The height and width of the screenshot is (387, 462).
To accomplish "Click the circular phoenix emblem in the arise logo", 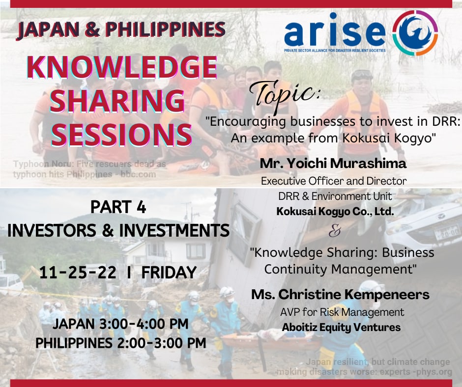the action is pyautogui.click(x=415, y=33).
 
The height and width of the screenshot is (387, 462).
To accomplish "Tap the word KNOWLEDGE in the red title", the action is pyautogui.click(x=122, y=67).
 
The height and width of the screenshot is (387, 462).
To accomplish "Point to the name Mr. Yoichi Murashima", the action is pyautogui.click(x=333, y=164).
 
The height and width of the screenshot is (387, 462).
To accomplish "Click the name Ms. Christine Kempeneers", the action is pyautogui.click(x=340, y=294).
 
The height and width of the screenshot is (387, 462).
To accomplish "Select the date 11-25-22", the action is pyautogui.click(x=78, y=273).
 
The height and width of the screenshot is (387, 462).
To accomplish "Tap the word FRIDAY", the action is pyautogui.click(x=169, y=273).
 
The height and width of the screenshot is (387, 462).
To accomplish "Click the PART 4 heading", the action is pyautogui.click(x=118, y=207).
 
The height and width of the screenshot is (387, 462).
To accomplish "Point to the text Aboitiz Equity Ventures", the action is pyautogui.click(x=341, y=327).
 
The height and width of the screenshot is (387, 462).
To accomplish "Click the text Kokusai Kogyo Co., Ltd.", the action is pyautogui.click(x=335, y=212).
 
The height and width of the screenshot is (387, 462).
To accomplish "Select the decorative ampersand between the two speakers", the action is pyautogui.click(x=335, y=231).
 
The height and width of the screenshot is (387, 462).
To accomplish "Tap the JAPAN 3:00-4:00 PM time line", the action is pyautogui.click(x=120, y=324).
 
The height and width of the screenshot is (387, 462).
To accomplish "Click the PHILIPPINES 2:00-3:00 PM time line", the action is pyautogui.click(x=121, y=343).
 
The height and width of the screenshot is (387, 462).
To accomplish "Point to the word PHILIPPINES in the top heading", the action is pyautogui.click(x=165, y=29).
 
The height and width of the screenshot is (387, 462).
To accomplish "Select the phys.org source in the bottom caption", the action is pyautogui.click(x=433, y=372).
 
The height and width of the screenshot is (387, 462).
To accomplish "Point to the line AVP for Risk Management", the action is pyautogui.click(x=342, y=312).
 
